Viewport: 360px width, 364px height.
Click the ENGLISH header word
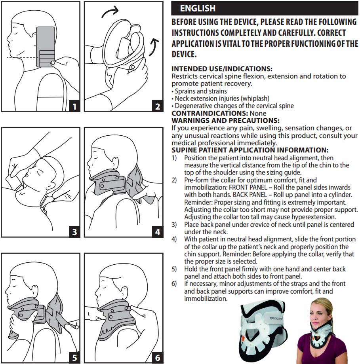(x=198, y=8)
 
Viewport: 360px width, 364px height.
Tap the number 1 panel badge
(x=74, y=106)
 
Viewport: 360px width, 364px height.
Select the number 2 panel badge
(x=158, y=106)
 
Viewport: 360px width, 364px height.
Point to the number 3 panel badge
(x=74, y=232)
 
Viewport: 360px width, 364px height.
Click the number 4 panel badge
(x=158, y=232)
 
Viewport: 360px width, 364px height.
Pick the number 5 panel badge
(x=74, y=358)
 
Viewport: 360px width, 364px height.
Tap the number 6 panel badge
(x=158, y=358)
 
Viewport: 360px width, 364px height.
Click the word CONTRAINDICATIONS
(x=210, y=113)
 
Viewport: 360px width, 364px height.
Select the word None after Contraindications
(x=258, y=113)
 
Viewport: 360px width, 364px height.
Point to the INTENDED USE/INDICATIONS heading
(x=222, y=69)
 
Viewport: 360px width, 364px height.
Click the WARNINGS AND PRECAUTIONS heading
(x=225, y=121)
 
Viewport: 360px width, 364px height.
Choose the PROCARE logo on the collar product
(x=276, y=318)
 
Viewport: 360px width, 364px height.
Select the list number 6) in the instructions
(x=174, y=284)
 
